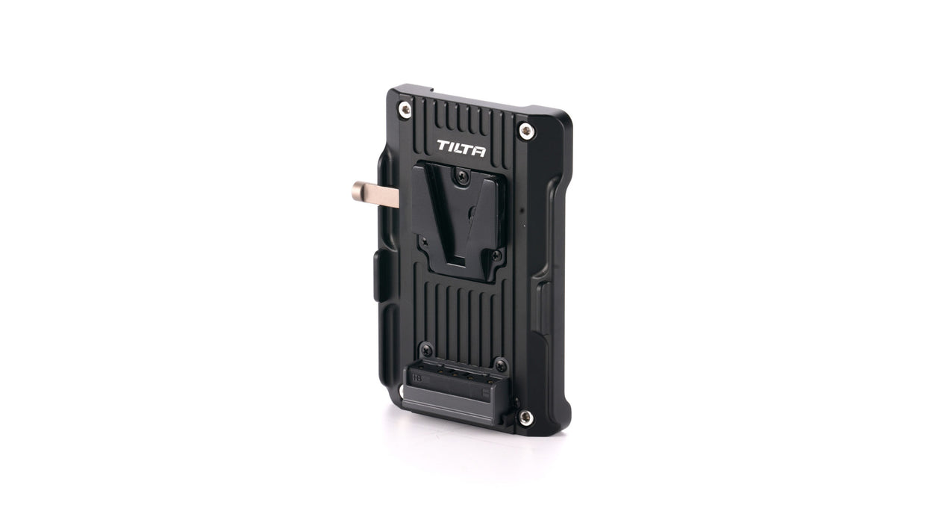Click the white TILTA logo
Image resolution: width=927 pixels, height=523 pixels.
point(461,148)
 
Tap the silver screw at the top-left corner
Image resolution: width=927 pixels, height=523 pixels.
point(405,109)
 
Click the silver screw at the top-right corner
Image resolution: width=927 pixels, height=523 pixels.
point(526,131)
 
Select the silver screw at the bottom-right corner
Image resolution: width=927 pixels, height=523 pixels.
point(525,418)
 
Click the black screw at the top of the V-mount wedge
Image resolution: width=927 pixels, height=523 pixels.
point(461,176)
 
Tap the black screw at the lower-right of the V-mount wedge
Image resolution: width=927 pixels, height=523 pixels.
point(496,256)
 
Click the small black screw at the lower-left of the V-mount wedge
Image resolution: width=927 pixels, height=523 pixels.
point(424,240)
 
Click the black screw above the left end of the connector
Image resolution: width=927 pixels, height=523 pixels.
point(426,350)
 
